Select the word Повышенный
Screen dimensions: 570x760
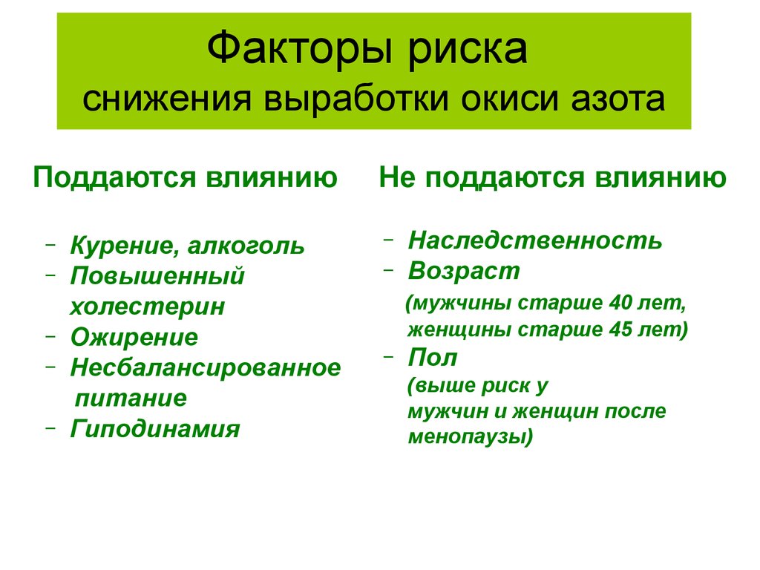click(x=157, y=276)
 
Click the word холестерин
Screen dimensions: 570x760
click(x=148, y=307)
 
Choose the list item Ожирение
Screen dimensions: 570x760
click(x=134, y=338)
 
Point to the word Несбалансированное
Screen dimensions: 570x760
click(x=206, y=367)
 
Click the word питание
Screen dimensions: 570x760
click(x=131, y=399)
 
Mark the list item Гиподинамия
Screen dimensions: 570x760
click(x=155, y=429)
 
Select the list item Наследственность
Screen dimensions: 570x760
click(x=534, y=240)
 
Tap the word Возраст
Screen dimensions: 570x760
click(x=464, y=271)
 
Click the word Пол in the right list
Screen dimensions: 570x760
click(x=433, y=358)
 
